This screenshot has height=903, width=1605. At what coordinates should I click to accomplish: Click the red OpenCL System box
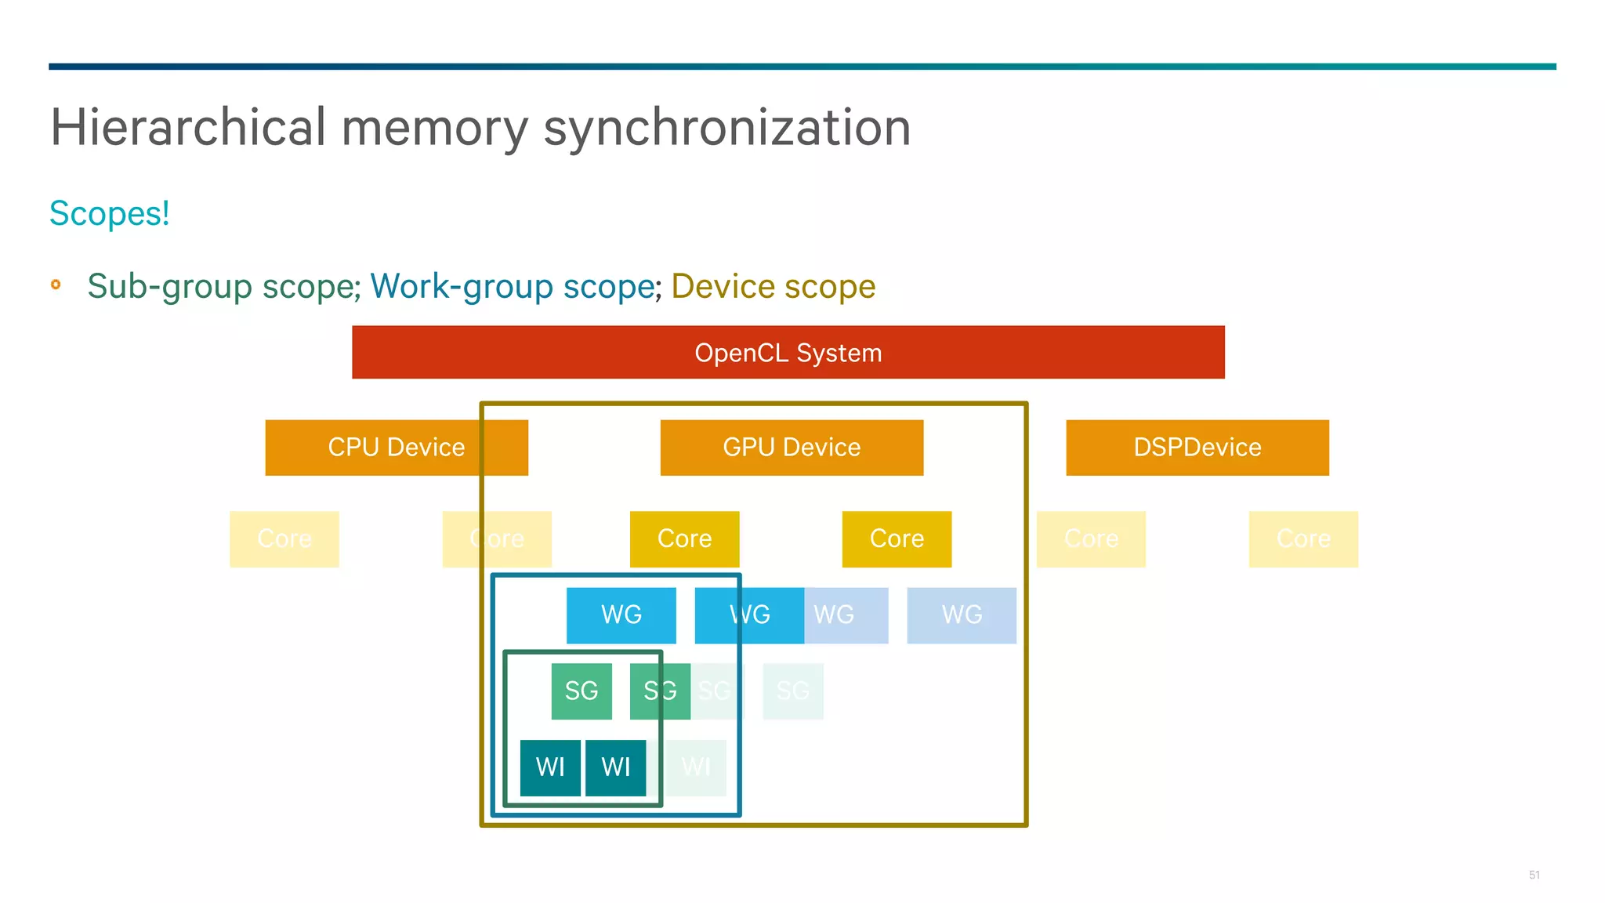(x=788, y=352)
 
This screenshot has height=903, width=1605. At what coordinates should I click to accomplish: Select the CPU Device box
(x=396, y=448)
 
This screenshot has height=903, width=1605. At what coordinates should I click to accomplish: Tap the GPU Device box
(x=792, y=448)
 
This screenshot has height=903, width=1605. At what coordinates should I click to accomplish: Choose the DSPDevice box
(x=1197, y=448)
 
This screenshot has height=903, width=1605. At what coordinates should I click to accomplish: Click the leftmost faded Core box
(x=284, y=539)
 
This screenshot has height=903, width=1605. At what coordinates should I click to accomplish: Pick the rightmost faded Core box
(x=1302, y=539)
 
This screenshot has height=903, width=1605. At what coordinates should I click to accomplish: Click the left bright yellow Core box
(x=684, y=539)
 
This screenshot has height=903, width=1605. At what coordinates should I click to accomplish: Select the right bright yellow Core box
(x=897, y=539)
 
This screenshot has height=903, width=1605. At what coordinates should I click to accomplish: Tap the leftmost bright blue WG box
(x=621, y=615)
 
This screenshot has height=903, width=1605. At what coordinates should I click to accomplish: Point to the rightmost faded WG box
(x=962, y=615)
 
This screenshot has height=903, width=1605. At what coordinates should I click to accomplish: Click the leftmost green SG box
(x=581, y=691)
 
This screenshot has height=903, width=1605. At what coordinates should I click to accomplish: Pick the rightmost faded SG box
(x=792, y=691)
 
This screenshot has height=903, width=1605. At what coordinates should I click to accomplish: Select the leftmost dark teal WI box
(x=550, y=767)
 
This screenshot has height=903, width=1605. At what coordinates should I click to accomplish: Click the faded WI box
(x=696, y=767)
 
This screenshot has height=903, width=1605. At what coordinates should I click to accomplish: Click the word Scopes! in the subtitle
(x=109, y=214)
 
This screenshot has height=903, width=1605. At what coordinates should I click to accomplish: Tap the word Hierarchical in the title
(x=188, y=128)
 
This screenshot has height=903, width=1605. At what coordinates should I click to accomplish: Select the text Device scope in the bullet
(x=773, y=287)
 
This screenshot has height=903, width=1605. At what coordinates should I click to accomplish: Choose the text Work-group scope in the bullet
(x=513, y=287)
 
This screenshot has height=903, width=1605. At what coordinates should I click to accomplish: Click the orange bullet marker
(x=56, y=285)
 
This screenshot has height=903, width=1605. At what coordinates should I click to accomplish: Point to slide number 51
(x=1534, y=875)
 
